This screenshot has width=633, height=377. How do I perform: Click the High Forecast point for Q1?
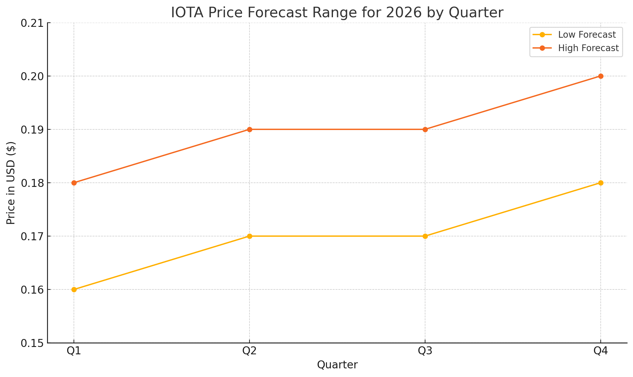[x=74, y=183]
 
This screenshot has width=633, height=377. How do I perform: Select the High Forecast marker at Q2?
[x=249, y=129]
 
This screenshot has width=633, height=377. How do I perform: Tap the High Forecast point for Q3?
[x=425, y=129]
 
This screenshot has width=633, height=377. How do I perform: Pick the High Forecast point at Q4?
[x=601, y=76]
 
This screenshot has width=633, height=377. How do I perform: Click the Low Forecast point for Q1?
[x=74, y=289]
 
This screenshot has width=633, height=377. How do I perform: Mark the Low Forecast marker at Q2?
[x=249, y=236]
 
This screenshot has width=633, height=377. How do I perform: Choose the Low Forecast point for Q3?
[x=425, y=236]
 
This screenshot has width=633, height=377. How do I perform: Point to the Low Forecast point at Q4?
[x=601, y=183]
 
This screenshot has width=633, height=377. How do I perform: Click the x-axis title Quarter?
[x=337, y=365]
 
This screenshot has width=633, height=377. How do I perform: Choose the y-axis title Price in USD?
[x=11, y=183]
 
